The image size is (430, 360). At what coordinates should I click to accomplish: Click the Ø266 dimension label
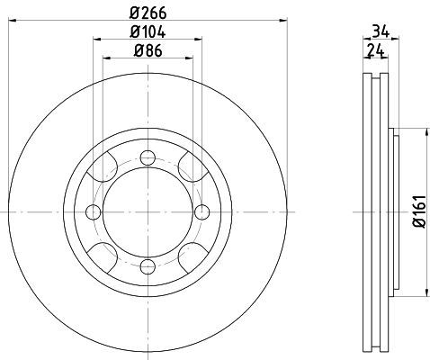148,13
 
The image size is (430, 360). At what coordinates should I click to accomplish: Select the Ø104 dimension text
148,31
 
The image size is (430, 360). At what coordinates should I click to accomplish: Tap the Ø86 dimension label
148,50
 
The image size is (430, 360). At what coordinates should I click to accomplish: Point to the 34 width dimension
381,31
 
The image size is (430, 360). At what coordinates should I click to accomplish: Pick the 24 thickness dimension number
376,50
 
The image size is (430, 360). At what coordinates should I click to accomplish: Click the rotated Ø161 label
419,211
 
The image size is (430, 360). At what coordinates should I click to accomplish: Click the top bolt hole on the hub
148,157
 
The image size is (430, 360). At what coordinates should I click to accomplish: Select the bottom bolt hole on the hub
148,266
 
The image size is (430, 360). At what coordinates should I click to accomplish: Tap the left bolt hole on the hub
94,212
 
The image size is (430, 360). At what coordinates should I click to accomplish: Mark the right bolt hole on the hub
202,212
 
